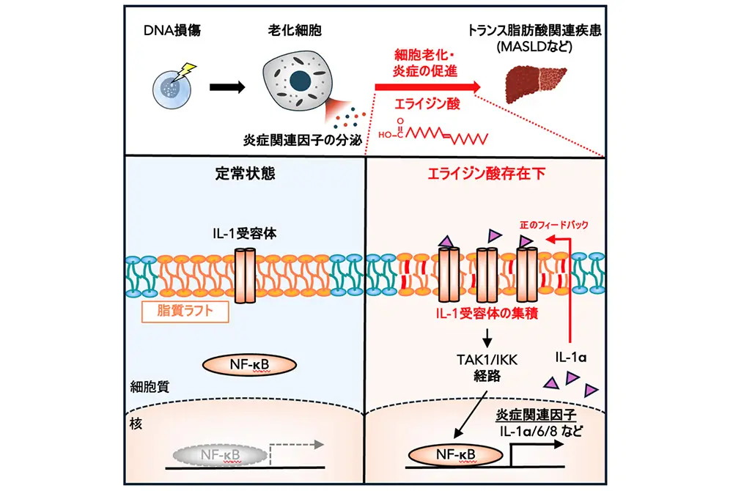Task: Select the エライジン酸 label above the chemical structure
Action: click(x=426, y=105)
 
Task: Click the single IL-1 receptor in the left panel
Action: click(x=248, y=276)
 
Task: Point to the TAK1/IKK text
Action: click(x=485, y=358)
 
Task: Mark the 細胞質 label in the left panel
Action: click(x=153, y=388)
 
